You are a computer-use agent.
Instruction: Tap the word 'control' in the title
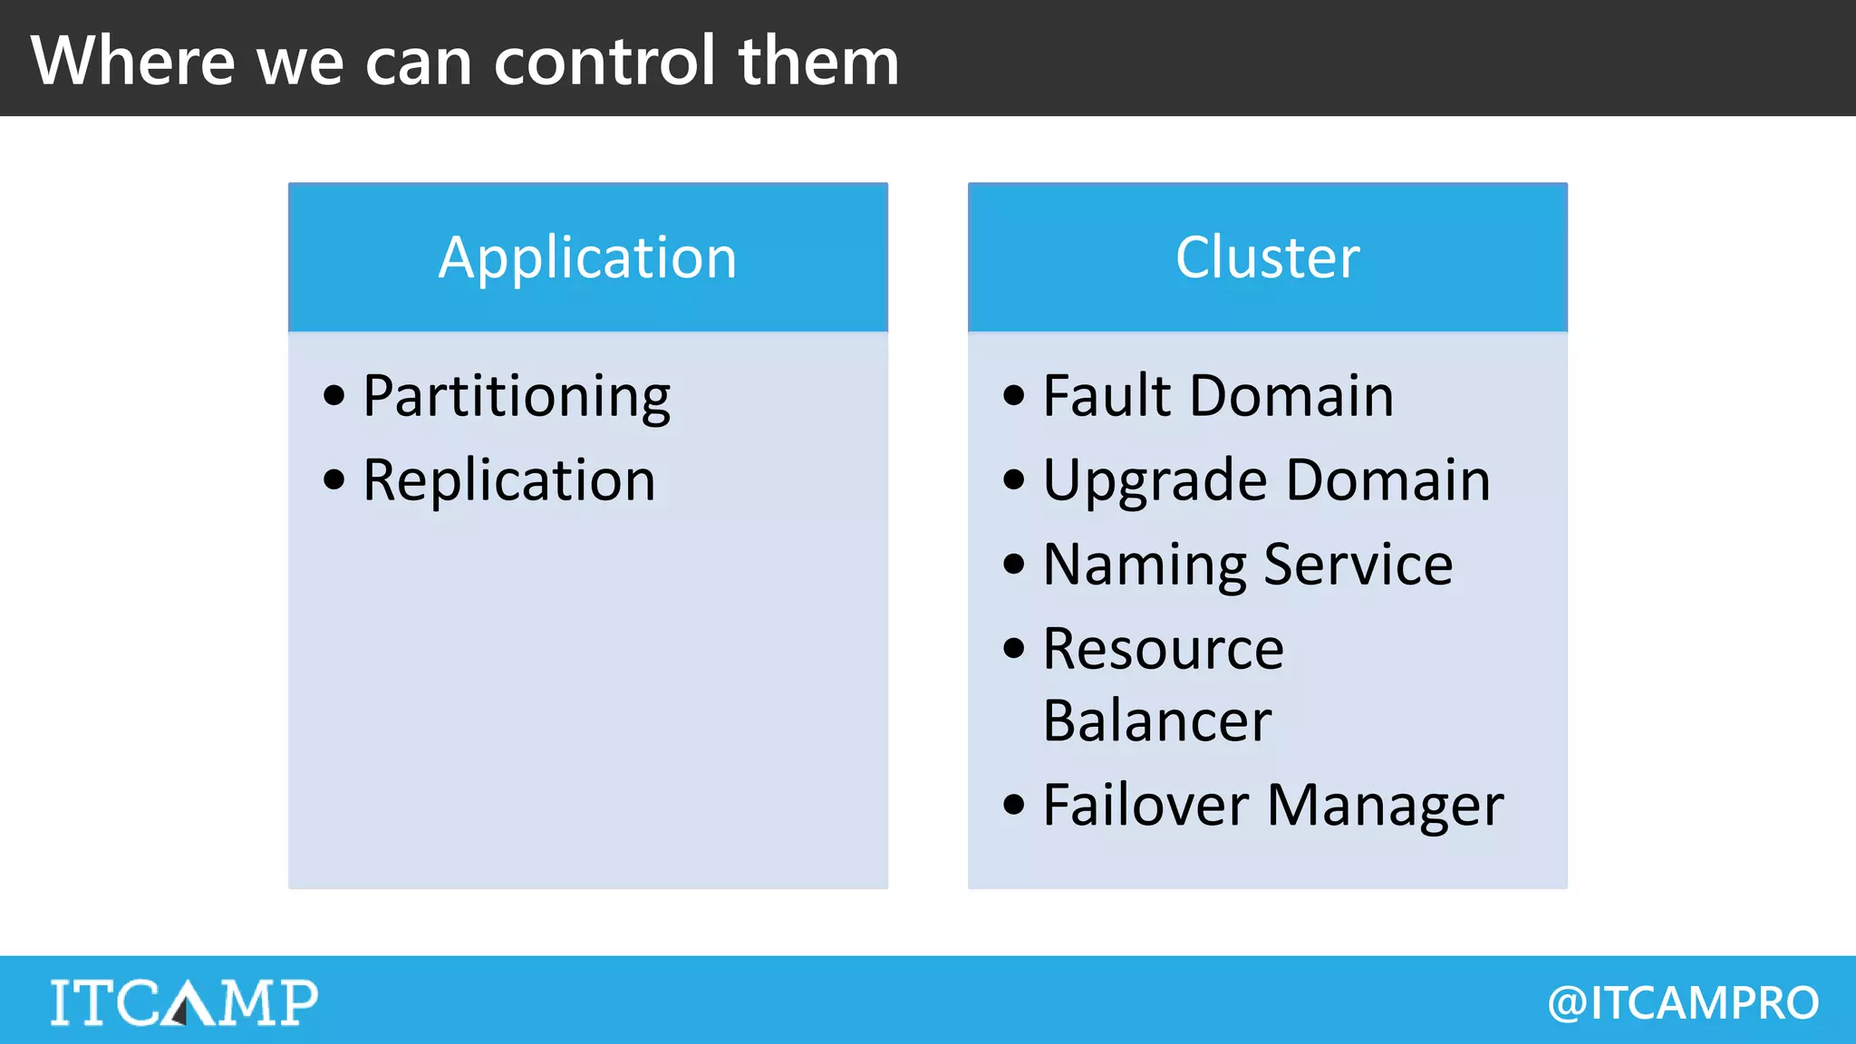604,61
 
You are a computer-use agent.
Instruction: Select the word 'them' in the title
818,61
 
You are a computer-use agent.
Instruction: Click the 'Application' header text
587,257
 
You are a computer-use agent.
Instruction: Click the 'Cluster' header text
1267,257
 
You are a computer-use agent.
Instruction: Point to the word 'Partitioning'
517,397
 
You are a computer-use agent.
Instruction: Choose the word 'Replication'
508,480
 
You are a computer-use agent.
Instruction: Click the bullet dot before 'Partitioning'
334,396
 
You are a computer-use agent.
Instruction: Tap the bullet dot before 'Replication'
334,479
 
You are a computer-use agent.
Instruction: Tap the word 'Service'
1358,565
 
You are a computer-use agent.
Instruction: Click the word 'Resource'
1163,649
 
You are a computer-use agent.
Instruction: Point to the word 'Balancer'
1157,721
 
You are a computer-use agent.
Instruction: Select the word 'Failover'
1145,805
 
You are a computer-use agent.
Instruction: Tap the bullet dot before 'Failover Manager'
1014,805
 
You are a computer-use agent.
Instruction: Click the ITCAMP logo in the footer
184,1002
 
